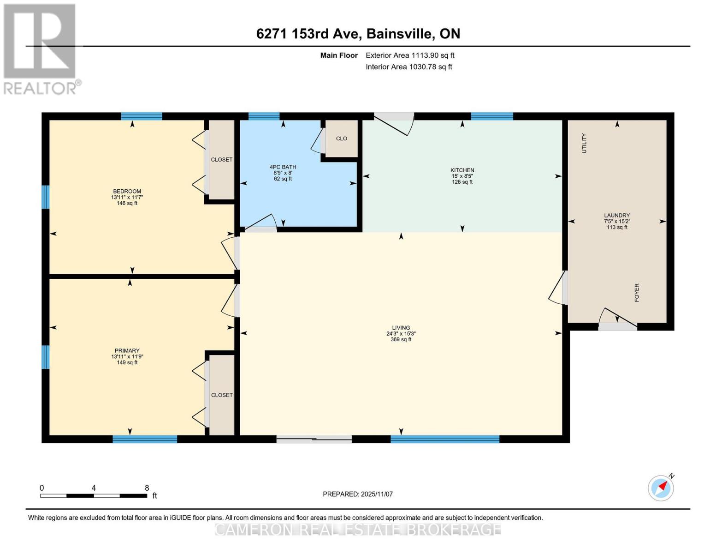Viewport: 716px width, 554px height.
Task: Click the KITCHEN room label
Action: point(462,170)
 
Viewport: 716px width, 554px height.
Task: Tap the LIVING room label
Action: point(401,328)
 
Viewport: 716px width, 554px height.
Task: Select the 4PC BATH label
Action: point(283,167)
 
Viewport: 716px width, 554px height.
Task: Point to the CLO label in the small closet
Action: point(341,138)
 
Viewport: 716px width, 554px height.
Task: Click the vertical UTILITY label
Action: point(584,143)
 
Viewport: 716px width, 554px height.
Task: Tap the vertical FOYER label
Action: point(637,293)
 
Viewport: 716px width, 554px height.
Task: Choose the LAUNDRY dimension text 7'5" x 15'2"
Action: point(617,222)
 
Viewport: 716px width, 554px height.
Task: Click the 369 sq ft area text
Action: point(401,339)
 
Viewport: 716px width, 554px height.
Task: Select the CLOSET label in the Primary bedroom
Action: point(222,395)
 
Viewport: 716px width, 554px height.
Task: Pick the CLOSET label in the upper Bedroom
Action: point(222,160)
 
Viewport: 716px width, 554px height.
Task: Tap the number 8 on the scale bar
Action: point(147,488)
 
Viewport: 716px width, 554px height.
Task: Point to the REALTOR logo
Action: point(41,49)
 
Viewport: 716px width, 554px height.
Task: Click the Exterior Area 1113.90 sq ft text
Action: point(410,55)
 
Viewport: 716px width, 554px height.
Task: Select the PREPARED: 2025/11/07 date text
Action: point(358,494)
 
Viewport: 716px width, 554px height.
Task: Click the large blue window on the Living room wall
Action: point(445,439)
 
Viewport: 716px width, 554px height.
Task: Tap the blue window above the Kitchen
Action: point(492,116)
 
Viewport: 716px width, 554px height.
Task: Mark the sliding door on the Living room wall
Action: point(314,439)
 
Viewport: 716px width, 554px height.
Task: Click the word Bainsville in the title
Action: point(400,34)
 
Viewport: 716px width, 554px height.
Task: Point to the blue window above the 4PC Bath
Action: point(264,116)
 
